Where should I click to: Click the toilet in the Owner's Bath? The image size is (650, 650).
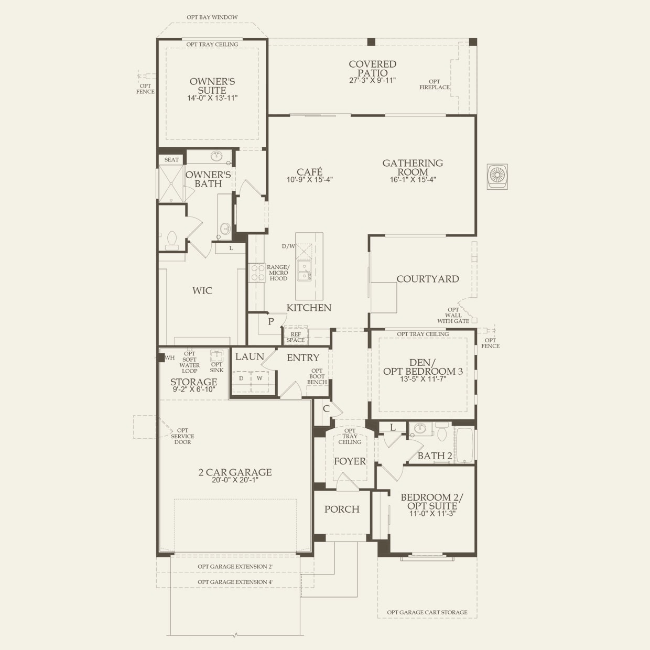[172, 241]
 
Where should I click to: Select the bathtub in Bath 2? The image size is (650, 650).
[465, 445]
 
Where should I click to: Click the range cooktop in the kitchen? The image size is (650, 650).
[257, 273]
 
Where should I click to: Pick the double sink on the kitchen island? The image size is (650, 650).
[304, 270]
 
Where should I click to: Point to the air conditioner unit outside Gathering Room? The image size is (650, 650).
[497, 177]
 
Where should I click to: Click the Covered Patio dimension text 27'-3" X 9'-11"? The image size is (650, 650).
[372, 81]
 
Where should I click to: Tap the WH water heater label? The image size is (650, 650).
[170, 357]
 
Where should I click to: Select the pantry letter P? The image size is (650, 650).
[271, 322]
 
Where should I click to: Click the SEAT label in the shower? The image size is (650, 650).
[171, 160]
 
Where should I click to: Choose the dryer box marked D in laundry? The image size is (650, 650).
[241, 382]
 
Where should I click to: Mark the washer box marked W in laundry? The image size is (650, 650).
[259, 382]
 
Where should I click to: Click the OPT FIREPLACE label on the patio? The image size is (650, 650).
[435, 84]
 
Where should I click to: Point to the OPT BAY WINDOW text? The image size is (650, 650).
[212, 17]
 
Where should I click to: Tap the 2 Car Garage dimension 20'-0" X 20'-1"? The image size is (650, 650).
[235, 480]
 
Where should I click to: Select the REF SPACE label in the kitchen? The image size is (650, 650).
[296, 337]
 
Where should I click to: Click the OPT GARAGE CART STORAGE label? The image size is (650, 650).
[427, 612]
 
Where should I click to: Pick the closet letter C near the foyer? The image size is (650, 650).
[326, 409]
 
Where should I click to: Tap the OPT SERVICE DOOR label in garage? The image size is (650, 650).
[182, 436]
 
